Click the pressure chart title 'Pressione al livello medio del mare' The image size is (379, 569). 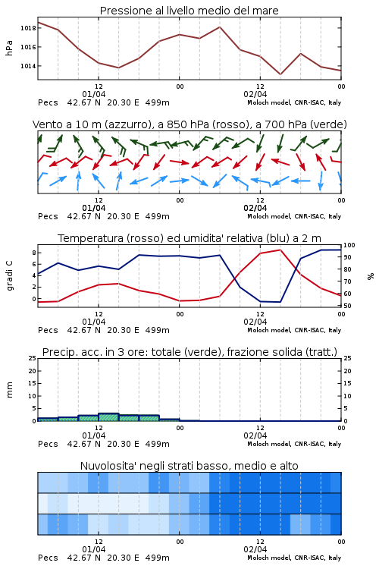pos(189,11)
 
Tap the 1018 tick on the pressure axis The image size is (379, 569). pos(28,28)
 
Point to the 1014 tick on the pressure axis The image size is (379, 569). pos(28,66)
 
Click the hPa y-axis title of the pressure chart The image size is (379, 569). pos(9,48)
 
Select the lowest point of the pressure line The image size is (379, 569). pos(280,74)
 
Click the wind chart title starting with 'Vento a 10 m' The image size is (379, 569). pos(189,124)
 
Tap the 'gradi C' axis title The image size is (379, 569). pos(9,275)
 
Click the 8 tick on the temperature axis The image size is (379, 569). pos(33,252)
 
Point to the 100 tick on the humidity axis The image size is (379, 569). pos(349,245)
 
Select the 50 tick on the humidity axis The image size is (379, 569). pos(347,306)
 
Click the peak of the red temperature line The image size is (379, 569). pos(280,250)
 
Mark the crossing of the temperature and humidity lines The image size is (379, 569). pos(236,276)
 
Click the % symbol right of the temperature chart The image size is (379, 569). pos(371,276)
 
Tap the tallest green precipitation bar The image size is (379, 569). pos(108,417)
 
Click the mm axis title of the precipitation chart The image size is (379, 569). pos(9,390)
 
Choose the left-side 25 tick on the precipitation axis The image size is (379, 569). pos(33,358)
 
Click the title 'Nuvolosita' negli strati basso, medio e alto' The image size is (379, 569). pos(189,466)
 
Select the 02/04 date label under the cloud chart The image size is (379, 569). pos(255,549)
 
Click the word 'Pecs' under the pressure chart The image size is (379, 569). pos(48,102)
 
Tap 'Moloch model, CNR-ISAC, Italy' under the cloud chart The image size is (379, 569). pos(294,558)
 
